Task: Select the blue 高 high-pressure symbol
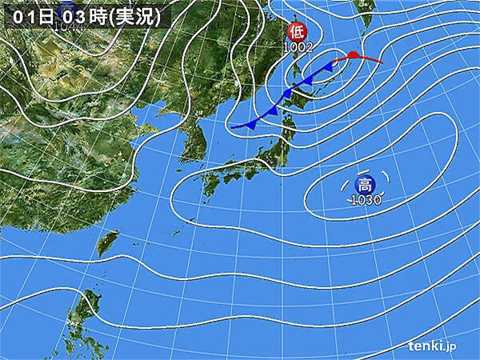click(364, 183)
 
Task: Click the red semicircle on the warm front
click(353, 55)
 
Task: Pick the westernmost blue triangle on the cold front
click(252, 124)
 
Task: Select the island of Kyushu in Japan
click(210, 184)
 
